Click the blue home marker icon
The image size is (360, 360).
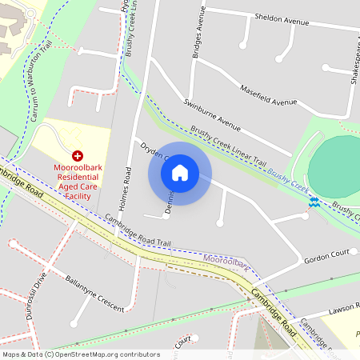[180, 172]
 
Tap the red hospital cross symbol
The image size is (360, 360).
[78, 155]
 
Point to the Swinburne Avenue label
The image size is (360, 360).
[212, 114]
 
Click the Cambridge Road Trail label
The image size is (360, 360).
[138, 230]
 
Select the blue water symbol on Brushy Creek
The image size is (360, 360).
[315, 202]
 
